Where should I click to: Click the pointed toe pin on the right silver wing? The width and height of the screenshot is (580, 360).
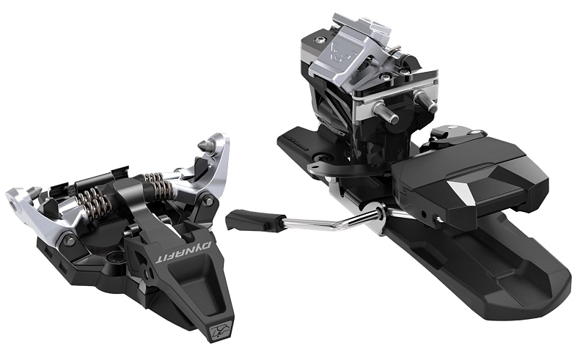click(206, 145)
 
